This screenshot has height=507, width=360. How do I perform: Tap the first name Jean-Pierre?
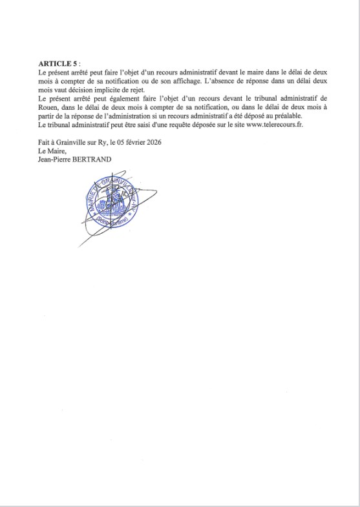[57, 160]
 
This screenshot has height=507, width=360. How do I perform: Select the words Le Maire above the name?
[51, 151]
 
